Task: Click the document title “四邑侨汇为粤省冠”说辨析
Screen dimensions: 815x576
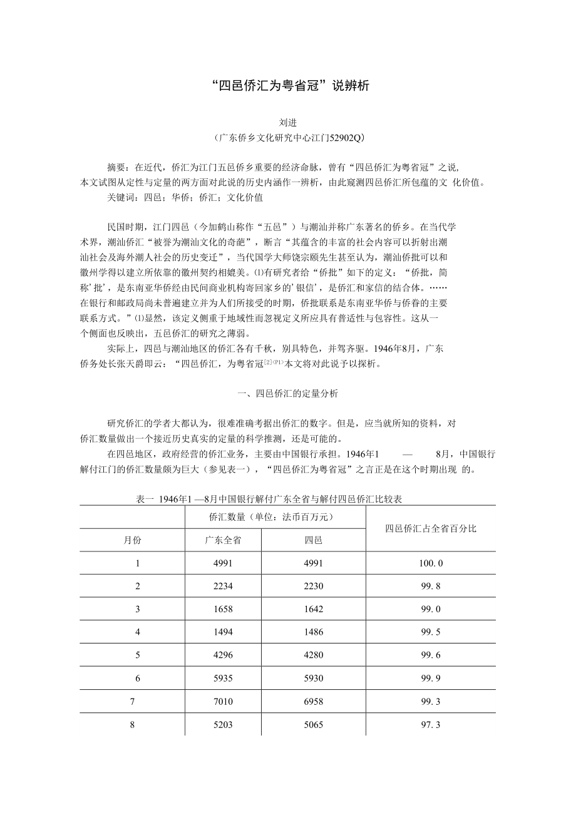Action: (x=287, y=86)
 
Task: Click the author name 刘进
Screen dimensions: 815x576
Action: (x=287, y=123)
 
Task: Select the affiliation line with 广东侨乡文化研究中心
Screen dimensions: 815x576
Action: (x=287, y=137)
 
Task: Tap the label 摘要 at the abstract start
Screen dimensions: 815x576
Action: (x=116, y=168)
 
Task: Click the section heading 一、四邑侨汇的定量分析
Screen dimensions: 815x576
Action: (x=287, y=394)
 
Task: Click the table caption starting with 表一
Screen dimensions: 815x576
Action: (x=269, y=499)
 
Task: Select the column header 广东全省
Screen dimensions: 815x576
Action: (x=223, y=540)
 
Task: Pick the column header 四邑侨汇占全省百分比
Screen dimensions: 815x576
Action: (x=431, y=529)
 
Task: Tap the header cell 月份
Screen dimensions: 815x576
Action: (x=133, y=540)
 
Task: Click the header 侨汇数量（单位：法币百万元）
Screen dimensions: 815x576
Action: (x=275, y=517)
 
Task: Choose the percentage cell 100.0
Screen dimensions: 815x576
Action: (x=431, y=563)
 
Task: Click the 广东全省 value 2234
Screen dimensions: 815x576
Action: (x=223, y=587)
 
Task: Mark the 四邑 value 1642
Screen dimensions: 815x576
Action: (x=313, y=609)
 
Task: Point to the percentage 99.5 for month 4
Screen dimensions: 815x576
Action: (x=431, y=632)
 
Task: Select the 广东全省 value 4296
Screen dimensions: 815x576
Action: (x=223, y=655)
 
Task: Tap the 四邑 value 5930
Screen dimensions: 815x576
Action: (x=313, y=678)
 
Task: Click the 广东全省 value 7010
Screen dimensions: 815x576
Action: (x=223, y=701)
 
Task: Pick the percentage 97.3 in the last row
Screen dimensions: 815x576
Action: (x=431, y=724)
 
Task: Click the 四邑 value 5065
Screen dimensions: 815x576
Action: (x=313, y=724)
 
